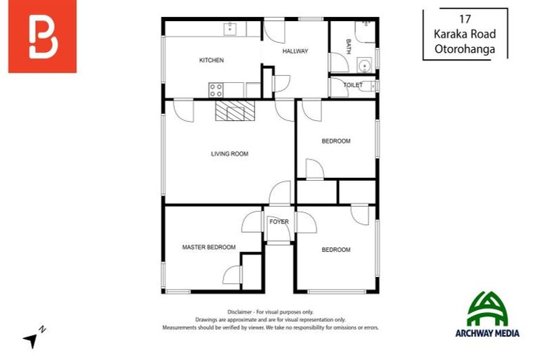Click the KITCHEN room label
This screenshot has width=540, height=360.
[x=211, y=60]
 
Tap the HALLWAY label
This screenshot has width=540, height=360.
[x=295, y=51]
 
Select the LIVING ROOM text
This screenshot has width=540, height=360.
[x=229, y=154]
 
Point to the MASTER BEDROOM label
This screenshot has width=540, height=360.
[x=209, y=247]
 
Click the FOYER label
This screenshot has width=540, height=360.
[x=279, y=222]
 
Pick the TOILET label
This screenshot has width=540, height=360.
[x=353, y=85]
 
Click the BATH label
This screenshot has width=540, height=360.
[x=348, y=46]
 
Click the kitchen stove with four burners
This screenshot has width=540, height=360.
[x=217, y=90]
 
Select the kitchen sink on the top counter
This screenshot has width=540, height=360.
[x=231, y=29]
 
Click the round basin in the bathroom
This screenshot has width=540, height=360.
[x=364, y=66]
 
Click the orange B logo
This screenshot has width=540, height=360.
[x=42, y=37]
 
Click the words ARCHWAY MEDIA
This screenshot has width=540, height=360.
[x=487, y=333]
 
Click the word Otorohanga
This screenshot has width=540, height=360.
[x=464, y=50]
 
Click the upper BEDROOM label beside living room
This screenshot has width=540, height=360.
[x=335, y=141]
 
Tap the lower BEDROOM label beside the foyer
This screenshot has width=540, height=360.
[x=335, y=250]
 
